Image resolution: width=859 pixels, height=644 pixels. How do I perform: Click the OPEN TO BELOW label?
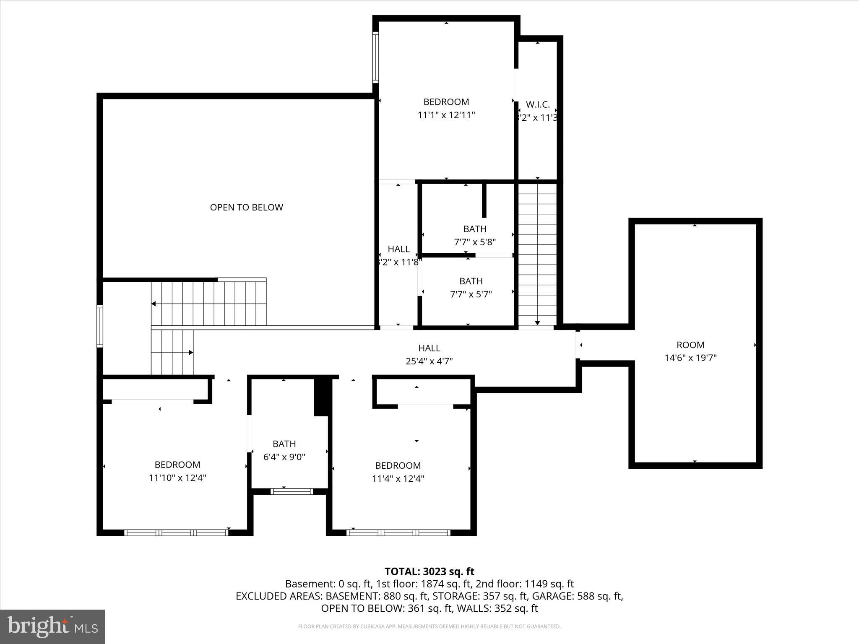coord(246,207)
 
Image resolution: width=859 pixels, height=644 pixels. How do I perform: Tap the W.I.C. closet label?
coord(538,105)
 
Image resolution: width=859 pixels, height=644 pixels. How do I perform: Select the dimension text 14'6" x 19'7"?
coord(690,358)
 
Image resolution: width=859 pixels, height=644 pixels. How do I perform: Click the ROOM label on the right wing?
coord(690,345)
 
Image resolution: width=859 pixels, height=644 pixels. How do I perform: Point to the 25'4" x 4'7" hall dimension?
coord(429,361)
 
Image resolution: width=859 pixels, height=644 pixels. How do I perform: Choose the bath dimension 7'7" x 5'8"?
coord(475,242)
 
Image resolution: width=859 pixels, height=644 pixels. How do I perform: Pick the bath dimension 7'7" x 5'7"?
coord(471,294)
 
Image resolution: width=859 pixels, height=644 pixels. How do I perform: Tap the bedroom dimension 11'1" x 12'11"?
coord(446,115)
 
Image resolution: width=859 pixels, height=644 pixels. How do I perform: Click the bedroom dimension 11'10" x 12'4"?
coord(177,478)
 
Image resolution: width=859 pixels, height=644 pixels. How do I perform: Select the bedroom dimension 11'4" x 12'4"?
coord(398,478)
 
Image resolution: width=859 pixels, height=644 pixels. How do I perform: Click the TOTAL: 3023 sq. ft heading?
coord(429,571)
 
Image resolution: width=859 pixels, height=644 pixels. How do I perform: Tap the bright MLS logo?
coord(52,627)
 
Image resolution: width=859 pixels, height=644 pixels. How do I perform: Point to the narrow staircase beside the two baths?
coord(537,254)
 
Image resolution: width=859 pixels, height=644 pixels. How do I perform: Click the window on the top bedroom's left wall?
coord(376,57)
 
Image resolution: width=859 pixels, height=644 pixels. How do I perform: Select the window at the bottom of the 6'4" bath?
coord(292,491)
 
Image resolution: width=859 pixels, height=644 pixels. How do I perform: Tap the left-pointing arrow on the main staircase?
coord(154,304)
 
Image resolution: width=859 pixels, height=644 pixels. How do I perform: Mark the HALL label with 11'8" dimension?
coord(398,249)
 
